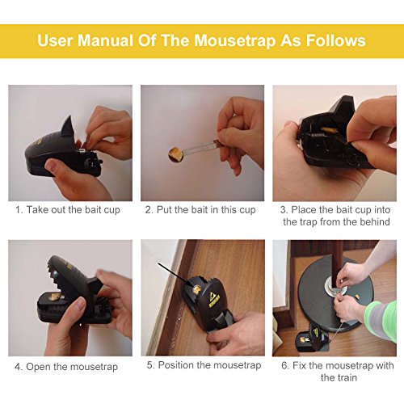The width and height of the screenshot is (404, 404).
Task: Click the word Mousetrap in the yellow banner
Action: [235, 41]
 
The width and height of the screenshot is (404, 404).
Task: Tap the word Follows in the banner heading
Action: [336, 40]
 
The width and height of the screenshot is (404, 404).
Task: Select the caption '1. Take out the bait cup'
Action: [68, 210]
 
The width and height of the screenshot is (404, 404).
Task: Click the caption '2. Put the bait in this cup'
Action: [200, 210]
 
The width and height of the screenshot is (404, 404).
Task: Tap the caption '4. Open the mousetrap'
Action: [66, 367]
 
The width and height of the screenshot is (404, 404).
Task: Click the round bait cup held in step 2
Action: [176, 155]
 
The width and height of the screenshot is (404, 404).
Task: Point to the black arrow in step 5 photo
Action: [175, 274]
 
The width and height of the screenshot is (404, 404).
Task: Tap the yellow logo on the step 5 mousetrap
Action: [215, 299]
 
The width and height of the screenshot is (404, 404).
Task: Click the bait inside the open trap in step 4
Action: [55, 297]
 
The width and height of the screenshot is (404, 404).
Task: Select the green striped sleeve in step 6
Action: [381, 320]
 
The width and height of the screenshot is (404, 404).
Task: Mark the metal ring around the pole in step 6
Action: [334, 287]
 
